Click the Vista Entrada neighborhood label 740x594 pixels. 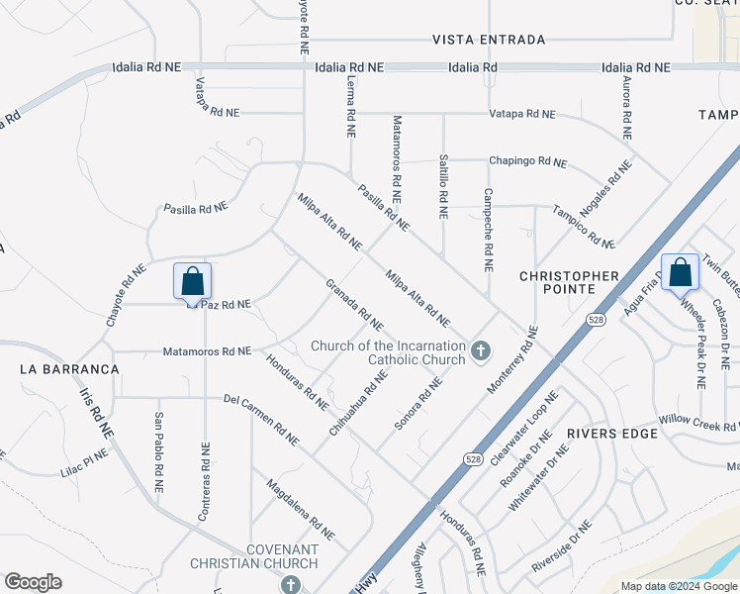(x=489, y=40)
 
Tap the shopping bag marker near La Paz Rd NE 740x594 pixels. (x=192, y=281)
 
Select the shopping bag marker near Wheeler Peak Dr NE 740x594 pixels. (x=680, y=272)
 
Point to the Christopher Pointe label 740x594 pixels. (x=570, y=282)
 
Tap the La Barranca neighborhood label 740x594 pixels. (x=69, y=368)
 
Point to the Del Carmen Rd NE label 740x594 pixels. (x=261, y=420)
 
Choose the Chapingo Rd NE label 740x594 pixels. (x=527, y=162)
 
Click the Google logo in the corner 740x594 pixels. (x=34, y=582)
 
